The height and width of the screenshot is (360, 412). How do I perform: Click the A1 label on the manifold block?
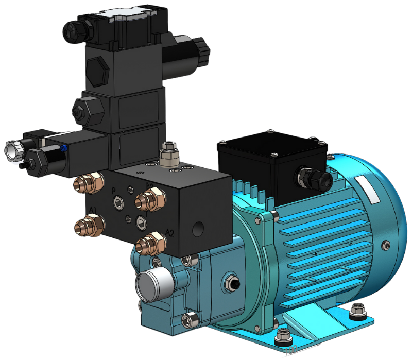tap(93, 209)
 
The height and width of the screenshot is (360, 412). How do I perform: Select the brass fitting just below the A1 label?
tap(90, 225)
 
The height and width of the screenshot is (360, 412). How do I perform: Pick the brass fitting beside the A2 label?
tap(149, 243)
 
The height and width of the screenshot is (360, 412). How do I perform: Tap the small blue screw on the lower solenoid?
tap(63, 148)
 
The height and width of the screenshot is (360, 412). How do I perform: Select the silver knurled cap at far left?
tap(11, 149)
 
